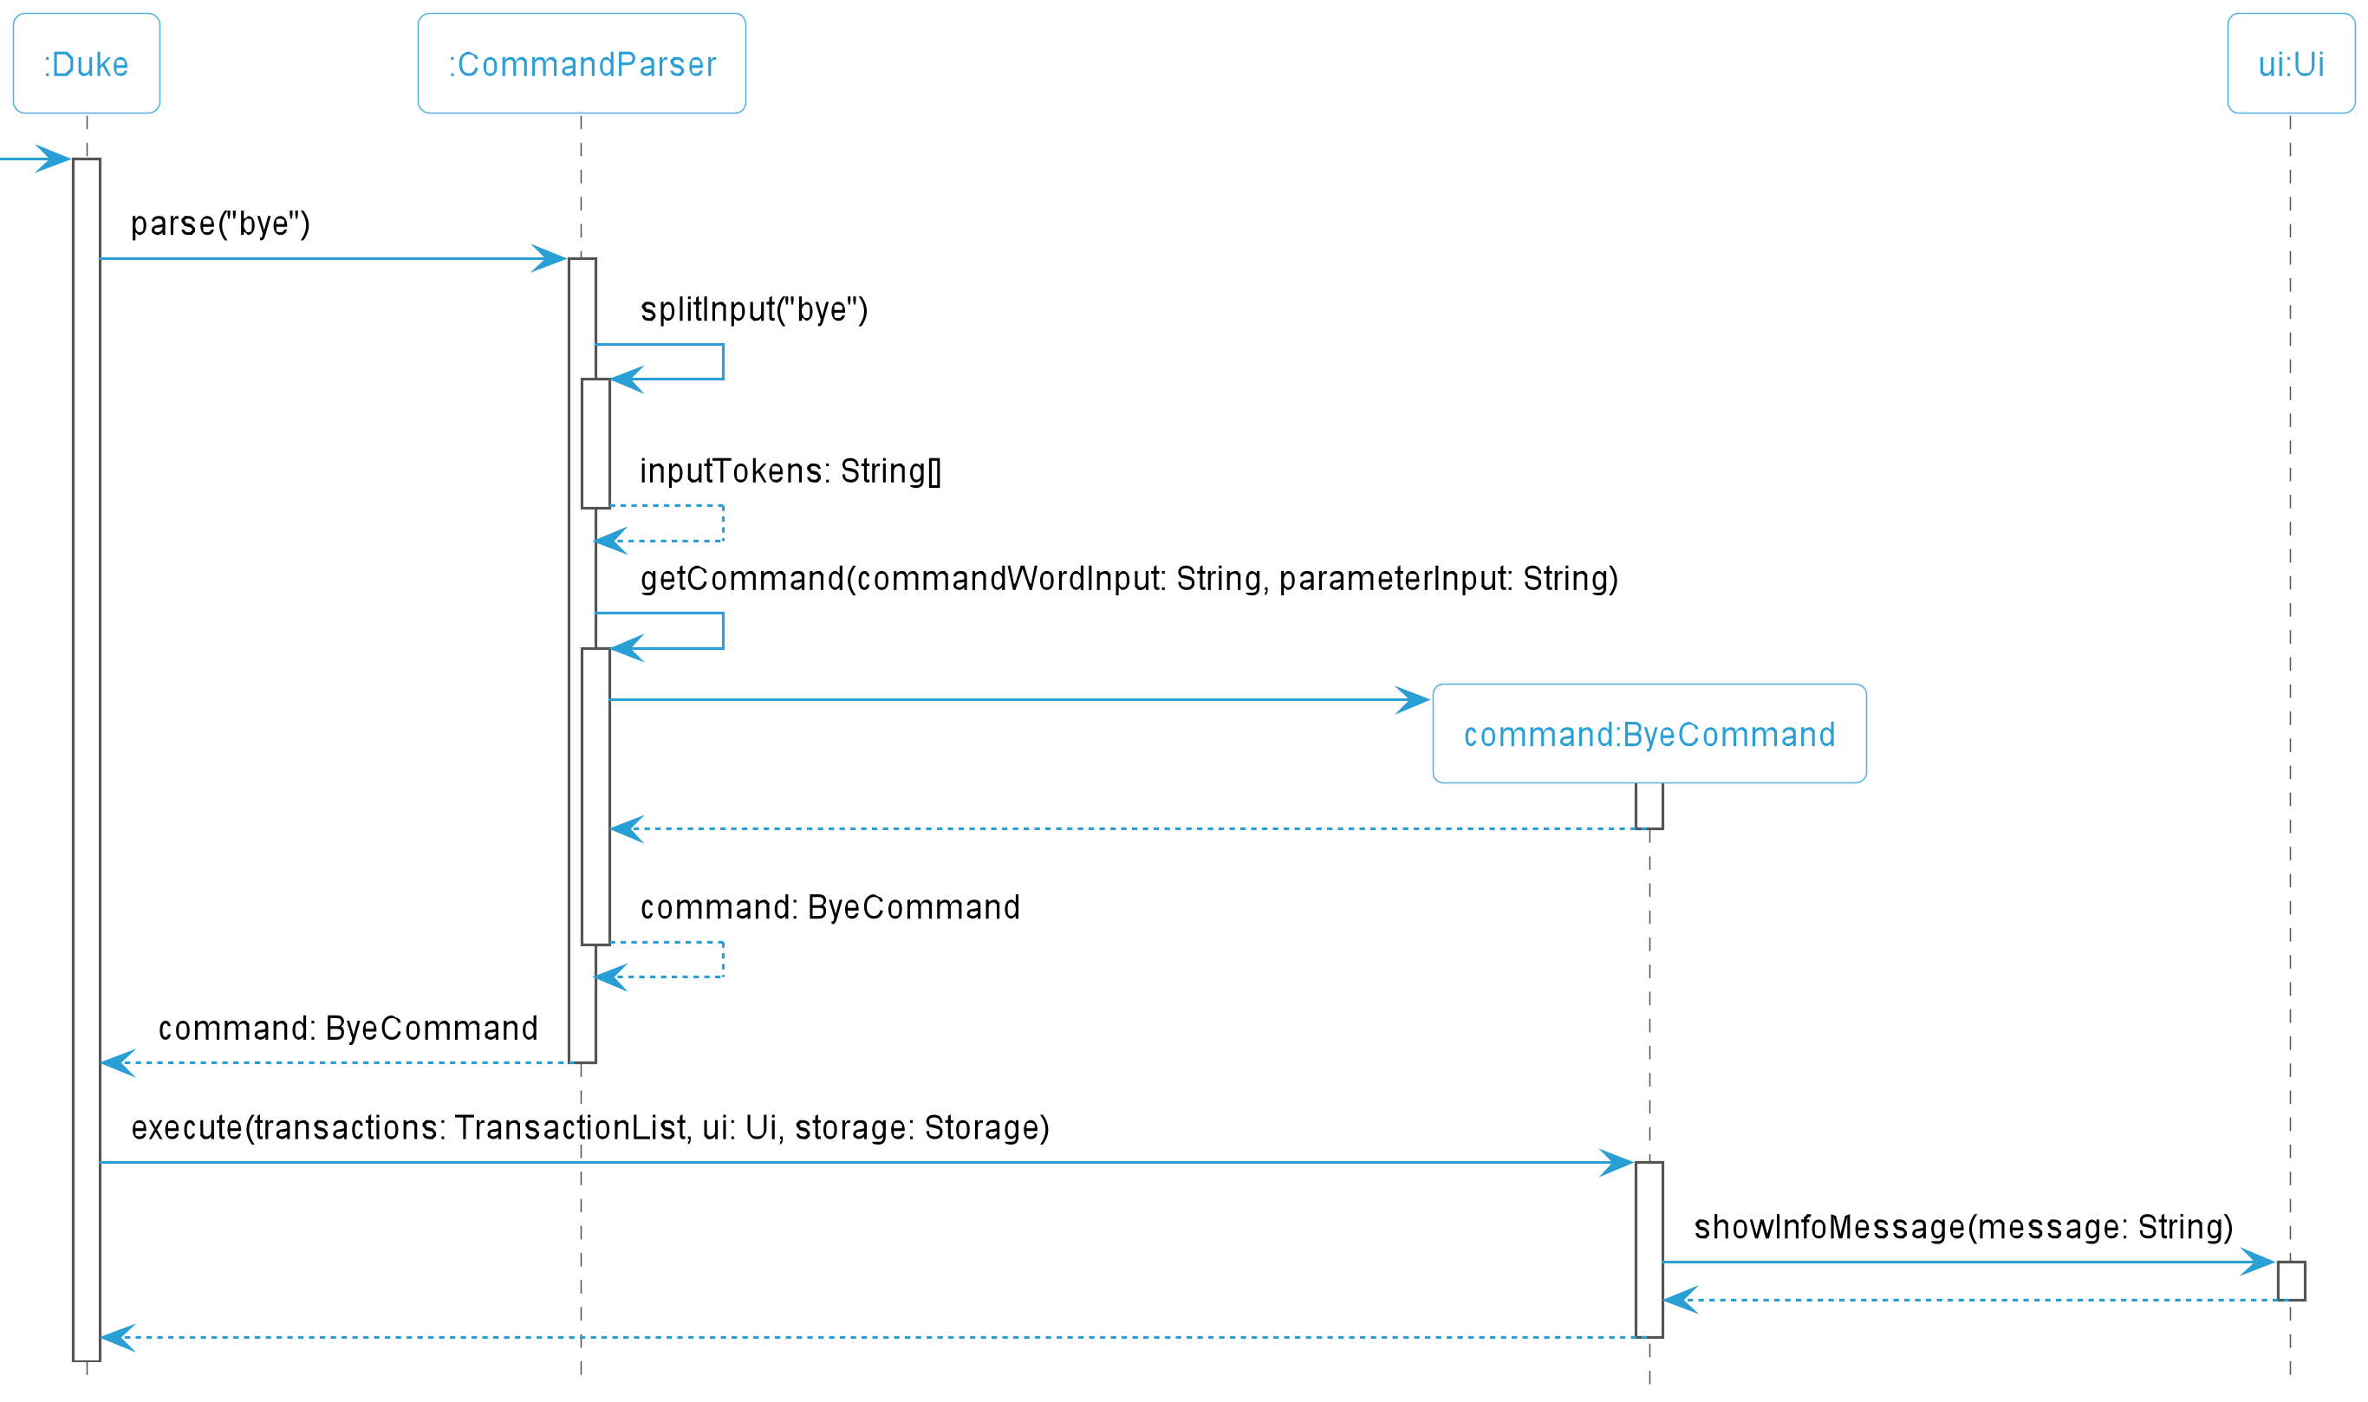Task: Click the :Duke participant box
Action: tap(86, 63)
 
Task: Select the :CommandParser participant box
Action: tap(582, 63)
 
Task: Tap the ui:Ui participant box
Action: tap(2291, 63)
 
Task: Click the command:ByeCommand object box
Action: tap(1649, 733)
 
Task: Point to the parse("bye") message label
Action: tap(220, 224)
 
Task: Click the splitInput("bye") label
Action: tap(754, 310)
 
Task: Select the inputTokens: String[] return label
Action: tap(790, 471)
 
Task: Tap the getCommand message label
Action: tap(1129, 578)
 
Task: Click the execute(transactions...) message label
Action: tap(590, 1127)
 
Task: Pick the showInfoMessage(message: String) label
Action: tap(1963, 1226)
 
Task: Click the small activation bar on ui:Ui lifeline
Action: tap(2291, 1280)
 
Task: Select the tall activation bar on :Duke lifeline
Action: tap(86, 760)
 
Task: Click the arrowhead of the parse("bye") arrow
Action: tap(549, 258)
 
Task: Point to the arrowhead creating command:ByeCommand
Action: tap(1413, 700)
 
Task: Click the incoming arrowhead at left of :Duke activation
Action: tap(53, 159)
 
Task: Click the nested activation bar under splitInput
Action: tap(595, 443)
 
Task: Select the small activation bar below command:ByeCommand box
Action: tap(1649, 806)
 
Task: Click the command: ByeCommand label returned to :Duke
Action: tap(348, 1028)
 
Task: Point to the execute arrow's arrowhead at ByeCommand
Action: tap(1617, 1162)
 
